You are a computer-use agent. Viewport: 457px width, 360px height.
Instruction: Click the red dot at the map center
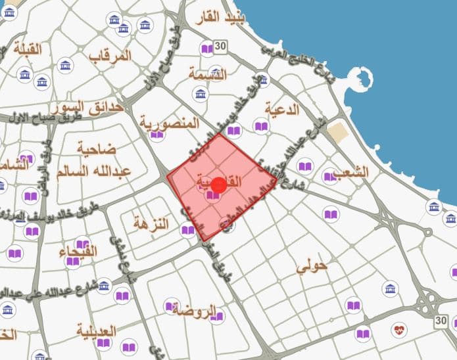click(219, 185)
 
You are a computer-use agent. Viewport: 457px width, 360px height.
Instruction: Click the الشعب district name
click(350, 172)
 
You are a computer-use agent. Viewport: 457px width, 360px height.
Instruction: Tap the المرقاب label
click(110, 55)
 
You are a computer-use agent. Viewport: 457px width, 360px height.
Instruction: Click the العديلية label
click(96, 330)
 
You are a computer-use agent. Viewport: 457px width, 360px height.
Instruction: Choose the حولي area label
click(312, 267)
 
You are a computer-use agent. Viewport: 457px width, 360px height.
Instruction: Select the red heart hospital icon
click(398, 328)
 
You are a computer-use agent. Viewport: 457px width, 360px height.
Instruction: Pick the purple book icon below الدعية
click(261, 127)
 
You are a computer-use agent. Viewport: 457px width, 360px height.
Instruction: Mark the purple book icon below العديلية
click(129, 347)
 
